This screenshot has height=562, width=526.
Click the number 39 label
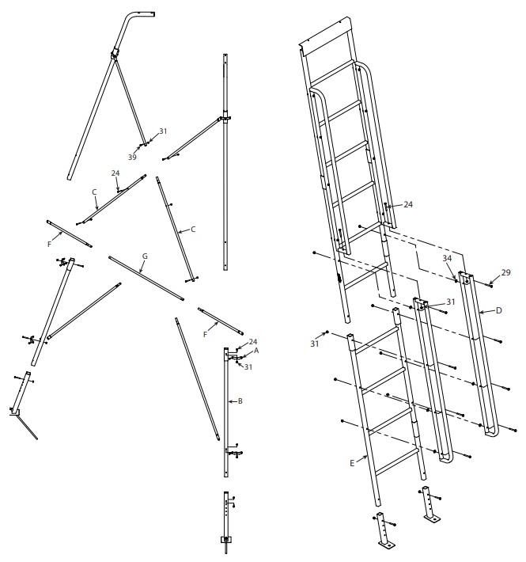click(x=132, y=157)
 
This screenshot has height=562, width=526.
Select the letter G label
click(x=145, y=256)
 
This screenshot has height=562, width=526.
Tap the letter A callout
click(x=256, y=351)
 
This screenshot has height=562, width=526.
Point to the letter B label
click(x=240, y=401)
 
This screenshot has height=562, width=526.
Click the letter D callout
click(x=499, y=311)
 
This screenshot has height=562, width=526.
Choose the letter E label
click(x=352, y=463)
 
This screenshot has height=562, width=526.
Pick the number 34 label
click(x=447, y=258)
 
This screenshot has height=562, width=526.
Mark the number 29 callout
click(x=505, y=272)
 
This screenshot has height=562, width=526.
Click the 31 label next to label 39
click(x=163, y=131)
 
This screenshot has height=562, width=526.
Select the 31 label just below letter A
click(x=248, y=367)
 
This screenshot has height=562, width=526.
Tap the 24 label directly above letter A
click(x=253, y=342)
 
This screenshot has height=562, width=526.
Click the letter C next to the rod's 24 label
click(x=94, y=192)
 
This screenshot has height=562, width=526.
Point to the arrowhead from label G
click(x=142, y=272)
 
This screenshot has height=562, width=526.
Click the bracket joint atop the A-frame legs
click(x=115, y=54)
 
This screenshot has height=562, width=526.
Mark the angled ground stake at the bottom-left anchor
click(x=28, y=427)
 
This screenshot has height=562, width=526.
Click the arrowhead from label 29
click(x=490, y=284)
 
